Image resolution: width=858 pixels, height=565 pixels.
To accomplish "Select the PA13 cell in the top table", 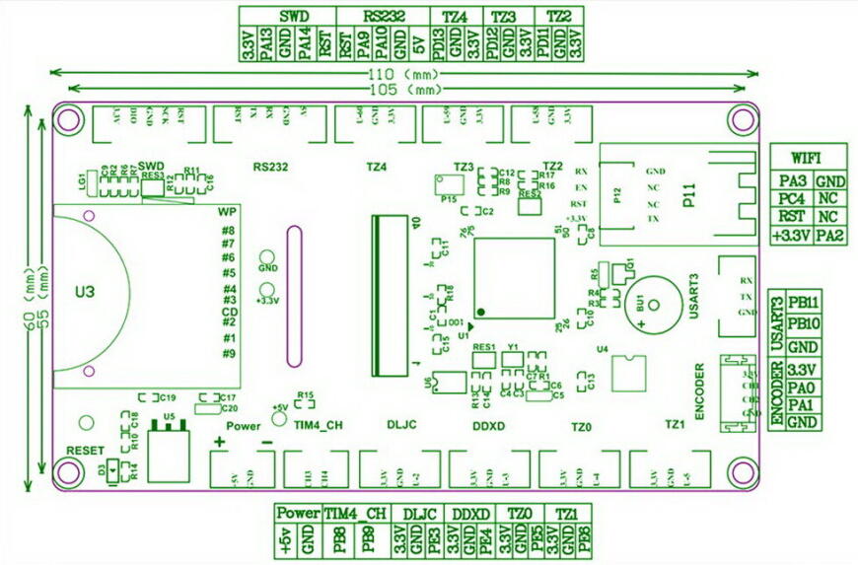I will point(267,47).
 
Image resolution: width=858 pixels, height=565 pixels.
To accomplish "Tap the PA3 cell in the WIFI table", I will point(789,181).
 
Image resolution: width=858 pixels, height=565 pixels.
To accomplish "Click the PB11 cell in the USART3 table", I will point(805,304).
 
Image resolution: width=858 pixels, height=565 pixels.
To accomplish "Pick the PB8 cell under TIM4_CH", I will point(337,540).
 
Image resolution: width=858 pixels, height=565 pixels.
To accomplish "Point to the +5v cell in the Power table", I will point(286,540).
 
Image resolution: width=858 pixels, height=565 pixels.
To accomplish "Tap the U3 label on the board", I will point(85,292).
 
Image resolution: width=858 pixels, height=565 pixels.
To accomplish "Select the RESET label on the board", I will point(85,449).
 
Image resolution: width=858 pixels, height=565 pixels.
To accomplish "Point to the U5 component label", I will point(169,417).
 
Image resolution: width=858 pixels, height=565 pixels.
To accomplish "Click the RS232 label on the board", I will point(269,167).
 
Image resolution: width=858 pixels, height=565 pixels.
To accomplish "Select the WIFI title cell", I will point(807,158).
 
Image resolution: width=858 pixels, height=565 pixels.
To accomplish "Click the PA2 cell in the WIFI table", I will point(829,235).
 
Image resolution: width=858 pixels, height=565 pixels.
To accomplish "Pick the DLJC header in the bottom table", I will point(420,514).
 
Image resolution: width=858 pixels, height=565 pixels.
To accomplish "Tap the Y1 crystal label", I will point(512,347).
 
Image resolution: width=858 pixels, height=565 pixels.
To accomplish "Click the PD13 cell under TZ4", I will point(437,47).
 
